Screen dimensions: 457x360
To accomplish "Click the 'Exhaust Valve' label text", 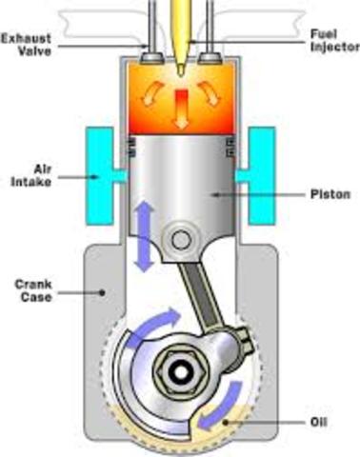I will click(x=25, y=45).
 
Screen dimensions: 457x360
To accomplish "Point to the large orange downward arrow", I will click(x=181, y=115).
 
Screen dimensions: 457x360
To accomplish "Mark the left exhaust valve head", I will click(x=149, y=59).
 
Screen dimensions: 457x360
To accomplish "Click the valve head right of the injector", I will click(x=211, y=59).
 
